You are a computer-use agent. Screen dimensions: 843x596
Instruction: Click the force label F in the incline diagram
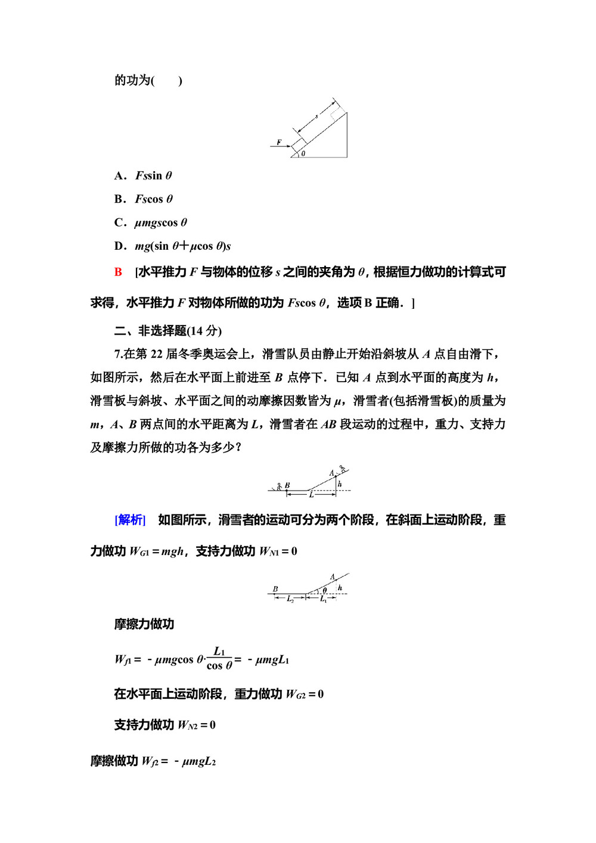tap(279, 142)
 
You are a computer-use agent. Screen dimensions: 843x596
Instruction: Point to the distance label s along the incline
tap(316, 116)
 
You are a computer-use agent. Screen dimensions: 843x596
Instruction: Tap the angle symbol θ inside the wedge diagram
tap(303, 153)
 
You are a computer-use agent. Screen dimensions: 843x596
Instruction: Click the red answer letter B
tap(118, 272)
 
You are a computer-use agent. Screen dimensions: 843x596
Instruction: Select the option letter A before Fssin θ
tap(119, 175)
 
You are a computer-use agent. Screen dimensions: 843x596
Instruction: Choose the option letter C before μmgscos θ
tap(119, 222)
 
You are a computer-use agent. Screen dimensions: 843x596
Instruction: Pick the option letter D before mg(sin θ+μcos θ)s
tap(119, 246)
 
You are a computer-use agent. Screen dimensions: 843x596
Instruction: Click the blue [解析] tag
tap(130, 520)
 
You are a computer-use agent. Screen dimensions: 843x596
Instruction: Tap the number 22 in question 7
tap(156, 354)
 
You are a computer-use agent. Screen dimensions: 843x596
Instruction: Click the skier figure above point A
tap(343, 469)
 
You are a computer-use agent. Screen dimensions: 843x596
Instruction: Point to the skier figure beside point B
tap(279, 486)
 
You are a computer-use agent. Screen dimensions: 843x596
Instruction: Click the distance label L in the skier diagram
tap(312, 495)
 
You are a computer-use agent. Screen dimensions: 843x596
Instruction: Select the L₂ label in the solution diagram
tap(290, 599)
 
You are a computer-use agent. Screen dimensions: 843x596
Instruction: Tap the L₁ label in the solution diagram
tap(323, 599)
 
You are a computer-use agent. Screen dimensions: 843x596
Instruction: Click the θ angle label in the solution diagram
tap(325, 590)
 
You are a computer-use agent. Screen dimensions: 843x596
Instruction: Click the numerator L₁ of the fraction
tap(219, 651)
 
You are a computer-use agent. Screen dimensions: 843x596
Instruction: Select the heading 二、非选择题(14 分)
tap(168, 331)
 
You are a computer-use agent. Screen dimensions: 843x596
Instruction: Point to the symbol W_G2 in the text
tap(296, 694)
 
